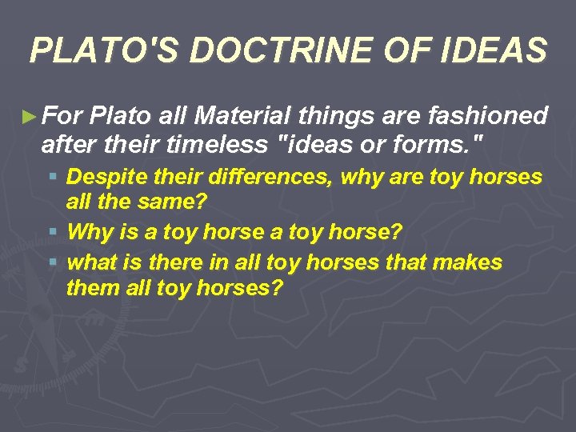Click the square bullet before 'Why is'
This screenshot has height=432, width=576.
[52, 233]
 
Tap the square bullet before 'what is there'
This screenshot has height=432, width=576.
[52, 262]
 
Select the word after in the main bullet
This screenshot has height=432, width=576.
[67, 146]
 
